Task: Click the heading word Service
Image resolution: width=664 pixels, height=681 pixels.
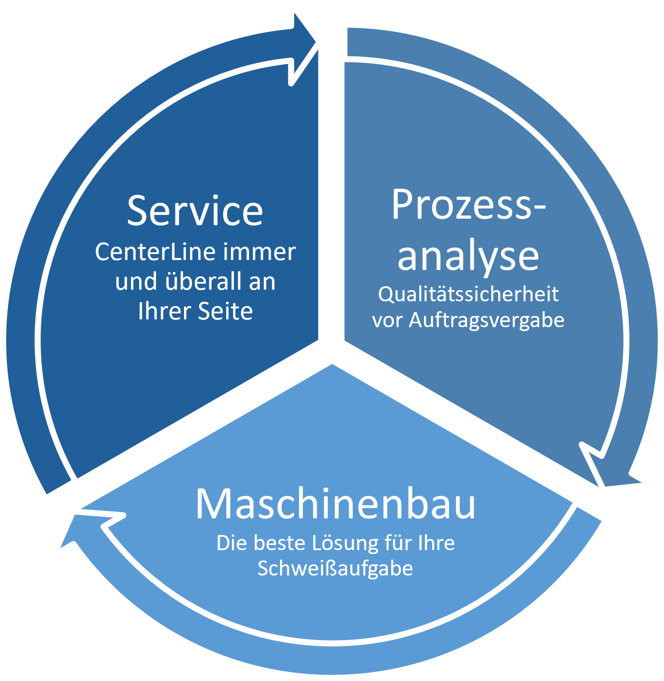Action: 195,211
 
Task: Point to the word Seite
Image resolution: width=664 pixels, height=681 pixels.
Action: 225,311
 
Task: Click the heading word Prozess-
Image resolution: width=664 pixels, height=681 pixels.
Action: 468,205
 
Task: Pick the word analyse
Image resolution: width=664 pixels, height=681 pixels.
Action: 468,256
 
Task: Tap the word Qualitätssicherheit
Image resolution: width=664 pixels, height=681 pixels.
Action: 468,294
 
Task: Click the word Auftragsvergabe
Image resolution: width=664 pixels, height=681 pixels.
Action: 486,320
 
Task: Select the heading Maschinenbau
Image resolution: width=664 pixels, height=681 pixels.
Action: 335,504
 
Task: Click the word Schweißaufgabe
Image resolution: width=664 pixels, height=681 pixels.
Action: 335,568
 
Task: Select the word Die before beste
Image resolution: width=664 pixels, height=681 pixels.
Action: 232,543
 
